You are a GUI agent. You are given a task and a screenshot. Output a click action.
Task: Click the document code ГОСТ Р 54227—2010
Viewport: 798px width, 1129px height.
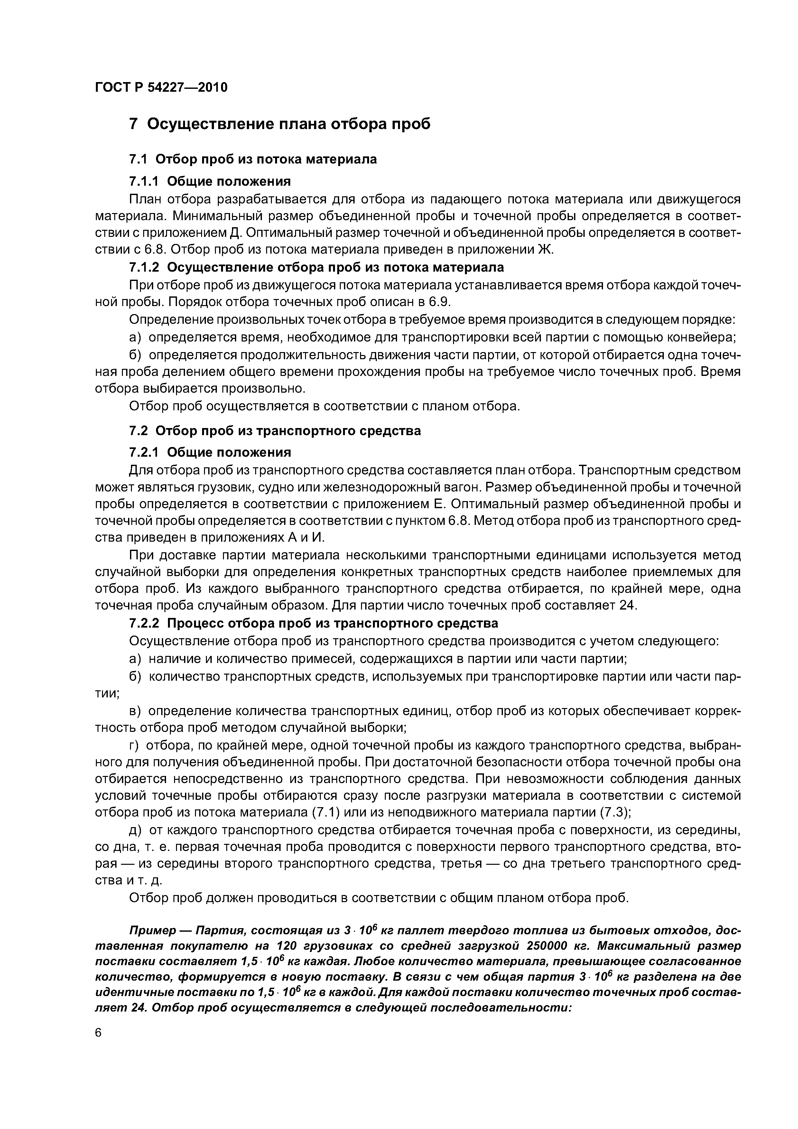pos(161,88)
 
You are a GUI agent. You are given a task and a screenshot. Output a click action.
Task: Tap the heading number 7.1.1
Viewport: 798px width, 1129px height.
pos(144,182)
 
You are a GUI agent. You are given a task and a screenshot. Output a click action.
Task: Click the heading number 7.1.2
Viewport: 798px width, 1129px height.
pos(144,267)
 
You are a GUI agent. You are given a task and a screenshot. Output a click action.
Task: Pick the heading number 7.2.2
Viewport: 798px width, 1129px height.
pos(144,623)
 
